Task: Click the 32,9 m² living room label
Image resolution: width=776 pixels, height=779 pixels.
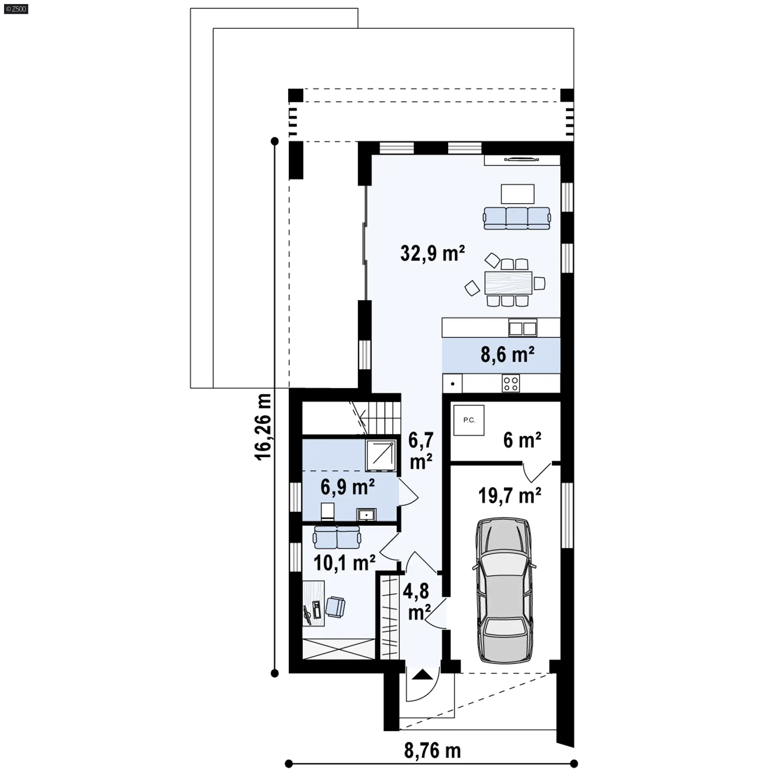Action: (x=432, y=253)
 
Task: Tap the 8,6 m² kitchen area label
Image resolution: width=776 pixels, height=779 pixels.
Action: (x=508, y=354)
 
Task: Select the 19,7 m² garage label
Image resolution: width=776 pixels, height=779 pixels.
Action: (x=510, y=495)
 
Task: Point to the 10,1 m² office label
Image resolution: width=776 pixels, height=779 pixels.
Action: (x=344, y=563)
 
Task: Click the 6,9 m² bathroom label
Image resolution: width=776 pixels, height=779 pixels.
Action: (x=348, y=486)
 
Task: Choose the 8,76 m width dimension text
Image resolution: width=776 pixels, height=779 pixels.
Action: (x=432, y=751)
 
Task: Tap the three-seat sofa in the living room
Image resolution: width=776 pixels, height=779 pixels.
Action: (x=517, y=218)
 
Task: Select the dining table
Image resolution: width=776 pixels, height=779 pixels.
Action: (x=508, y=282)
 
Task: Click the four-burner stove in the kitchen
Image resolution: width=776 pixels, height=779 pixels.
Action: (x=511, y=383)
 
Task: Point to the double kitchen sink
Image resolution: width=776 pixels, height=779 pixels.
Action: (x=523, y=328)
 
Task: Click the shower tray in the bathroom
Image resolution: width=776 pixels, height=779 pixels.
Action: (x=381, y=455)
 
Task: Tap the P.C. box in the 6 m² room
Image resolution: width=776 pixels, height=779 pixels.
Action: (x=469, y=420)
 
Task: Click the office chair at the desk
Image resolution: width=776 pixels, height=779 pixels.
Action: (x=335, y=607)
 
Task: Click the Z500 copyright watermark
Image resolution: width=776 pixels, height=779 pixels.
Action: (x=16, y=9)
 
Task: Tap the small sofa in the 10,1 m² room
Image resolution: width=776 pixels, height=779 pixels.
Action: (x=337, y=537)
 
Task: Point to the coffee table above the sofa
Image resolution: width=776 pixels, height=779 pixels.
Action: (x=518, y=194)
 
